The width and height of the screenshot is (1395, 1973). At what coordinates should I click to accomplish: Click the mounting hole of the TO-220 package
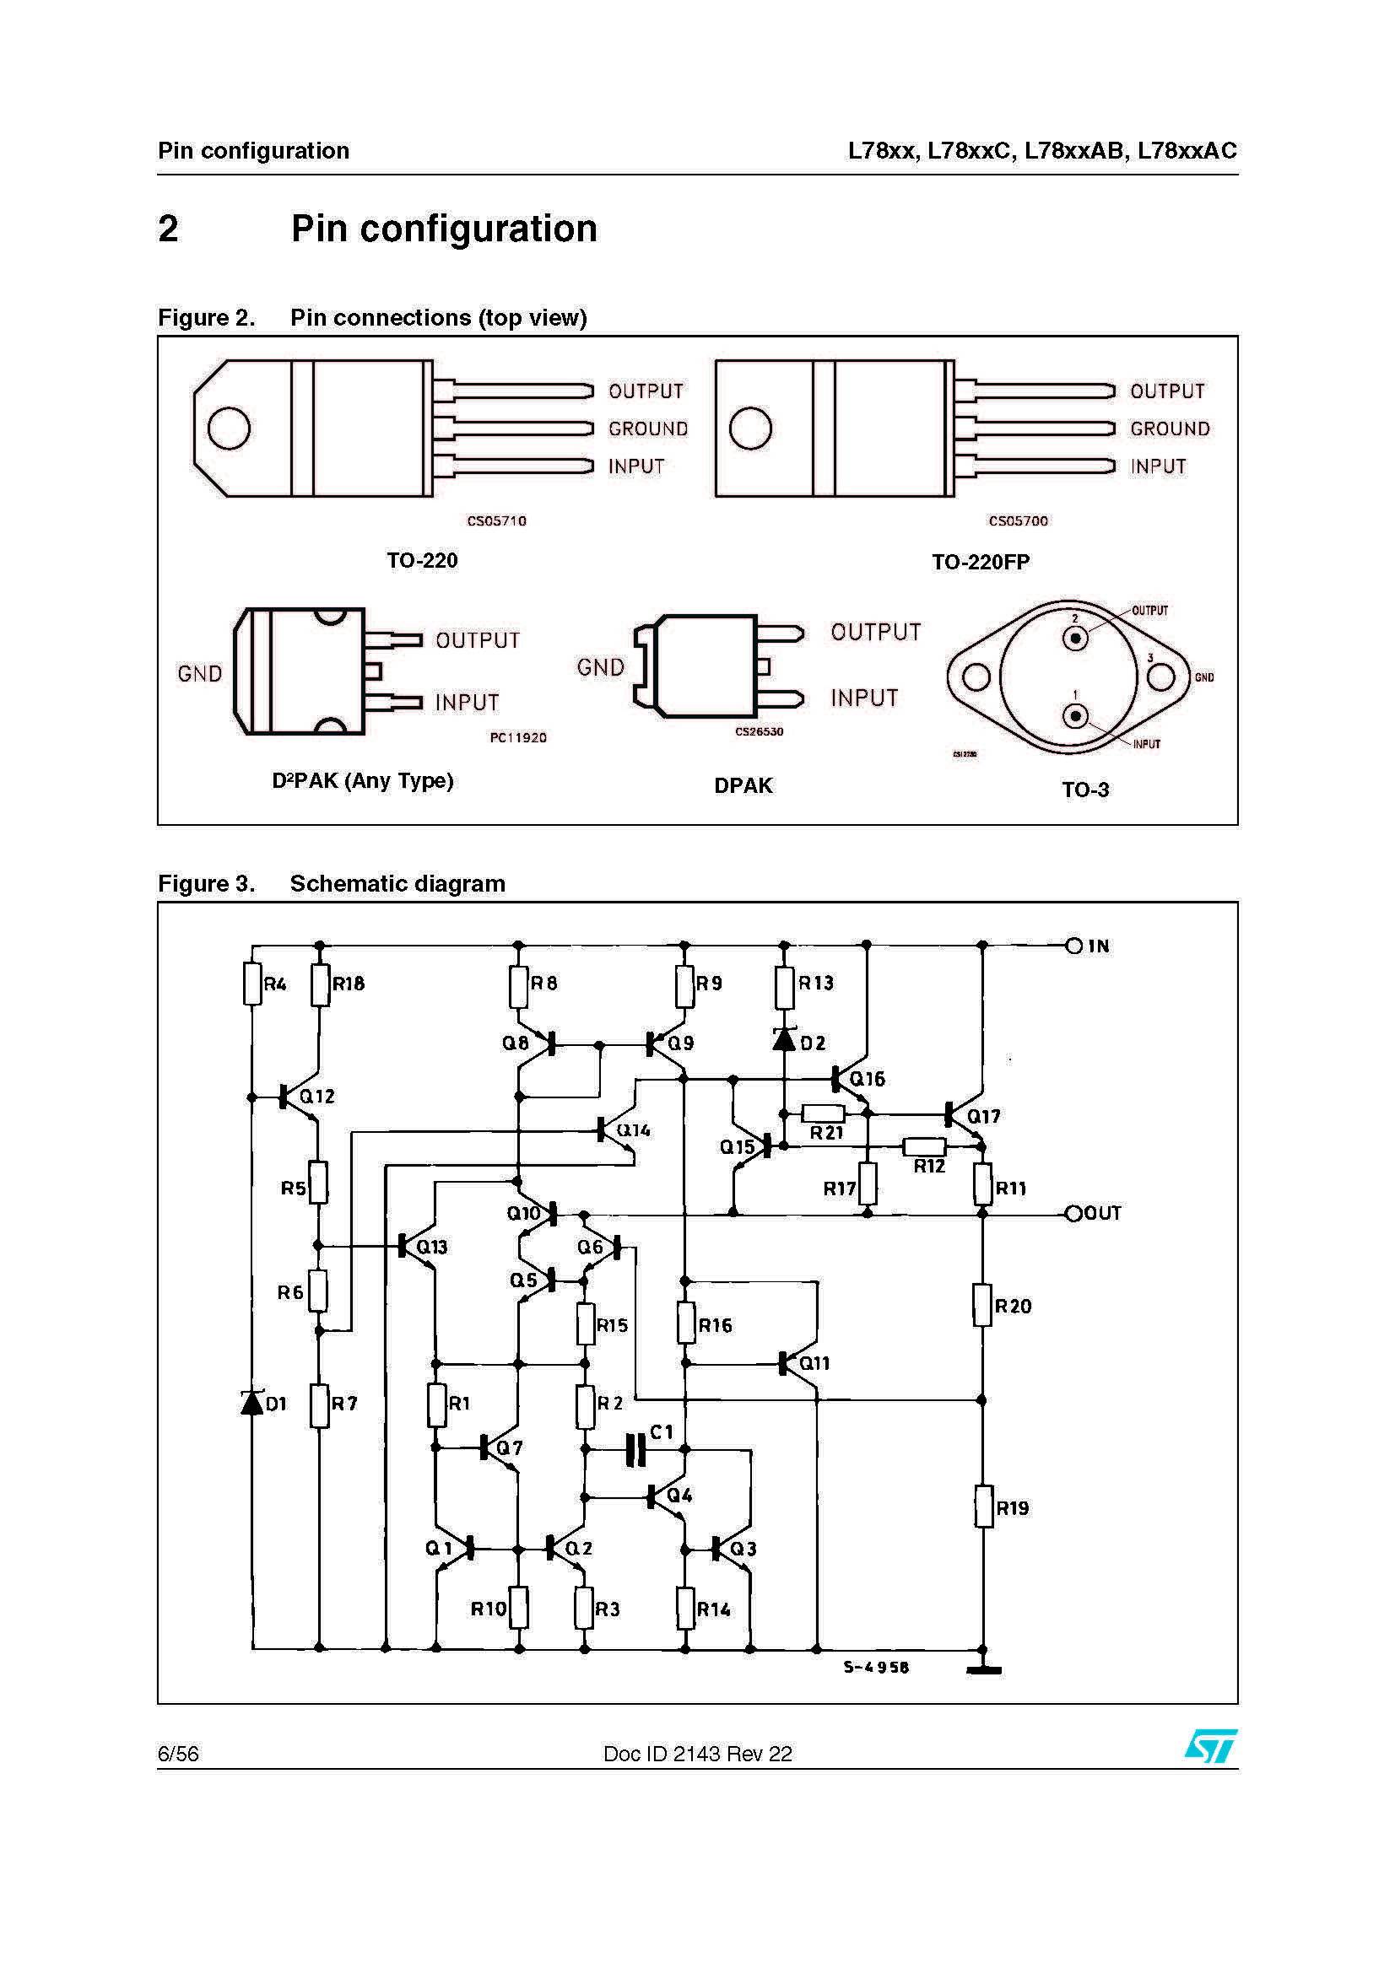pyautogui.click(x=229, y=428)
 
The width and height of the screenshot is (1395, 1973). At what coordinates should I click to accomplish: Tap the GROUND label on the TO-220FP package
pyautogui.click(x=1169, y=429)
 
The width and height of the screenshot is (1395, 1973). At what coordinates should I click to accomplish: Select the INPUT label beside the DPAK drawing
pyautogui.click(x=864, y=698)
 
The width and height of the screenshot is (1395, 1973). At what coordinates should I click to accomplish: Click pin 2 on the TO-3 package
pyautogui.click(x=1075, y=639)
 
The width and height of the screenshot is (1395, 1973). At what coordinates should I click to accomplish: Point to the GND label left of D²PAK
pyautogui.click(x=199, y=674)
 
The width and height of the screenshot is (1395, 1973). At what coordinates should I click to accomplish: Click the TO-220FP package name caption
pyautogui.click(x=981, y=562)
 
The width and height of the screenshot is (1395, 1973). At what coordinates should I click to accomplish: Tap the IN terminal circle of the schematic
pyautogui.click(x=1073, y=946)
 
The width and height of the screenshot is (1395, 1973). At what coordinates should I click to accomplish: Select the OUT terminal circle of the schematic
pyautogui.click(x=1073, y=1214)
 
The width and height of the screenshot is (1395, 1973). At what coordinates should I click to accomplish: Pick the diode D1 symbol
pyautogui.click(x=251, y=1404)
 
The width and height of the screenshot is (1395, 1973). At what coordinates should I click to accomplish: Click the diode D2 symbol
pyautogui.click(x=784, y=1040)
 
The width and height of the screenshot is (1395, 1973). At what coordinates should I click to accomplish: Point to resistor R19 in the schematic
pyautogui.click(x=983, y=1508)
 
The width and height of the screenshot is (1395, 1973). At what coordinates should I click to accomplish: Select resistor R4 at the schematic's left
pyautogui.click(x=251, y=984)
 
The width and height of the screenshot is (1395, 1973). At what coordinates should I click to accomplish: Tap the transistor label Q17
pyautogui.click(x=983, y=1116)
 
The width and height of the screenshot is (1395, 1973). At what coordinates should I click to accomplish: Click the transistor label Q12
pyautogui.click(x=316, y=1097)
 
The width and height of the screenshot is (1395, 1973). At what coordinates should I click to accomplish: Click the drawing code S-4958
pyautogui.click(x=875, y=1667)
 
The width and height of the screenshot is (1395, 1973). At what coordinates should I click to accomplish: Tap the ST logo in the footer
pyautogui.click(x=1211, y=1746)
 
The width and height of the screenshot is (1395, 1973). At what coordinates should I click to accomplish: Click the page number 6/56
pyautogui.click(x=178, y=1754)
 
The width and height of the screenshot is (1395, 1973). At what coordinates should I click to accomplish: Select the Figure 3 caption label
pyautogui.click(x=206, y=883)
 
